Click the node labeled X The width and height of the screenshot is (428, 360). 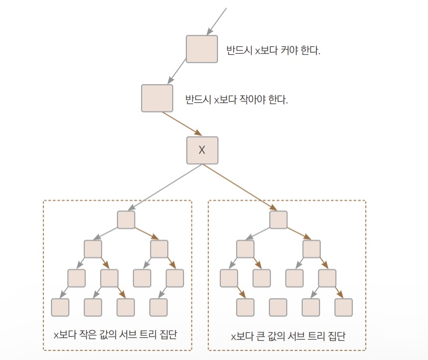202,150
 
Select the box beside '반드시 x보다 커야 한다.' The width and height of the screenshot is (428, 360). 202,49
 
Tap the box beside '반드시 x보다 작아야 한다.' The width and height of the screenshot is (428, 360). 157,98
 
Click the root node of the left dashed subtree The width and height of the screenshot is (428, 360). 126,220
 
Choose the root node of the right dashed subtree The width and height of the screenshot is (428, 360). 278,220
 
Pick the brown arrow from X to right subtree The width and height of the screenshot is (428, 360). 240,187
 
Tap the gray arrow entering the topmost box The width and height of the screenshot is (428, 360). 217,21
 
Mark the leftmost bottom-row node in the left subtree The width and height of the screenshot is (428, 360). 60,307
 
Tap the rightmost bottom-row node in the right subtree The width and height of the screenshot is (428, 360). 343,307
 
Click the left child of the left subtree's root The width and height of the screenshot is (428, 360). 93,249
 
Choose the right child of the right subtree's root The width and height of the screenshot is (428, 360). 311,249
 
